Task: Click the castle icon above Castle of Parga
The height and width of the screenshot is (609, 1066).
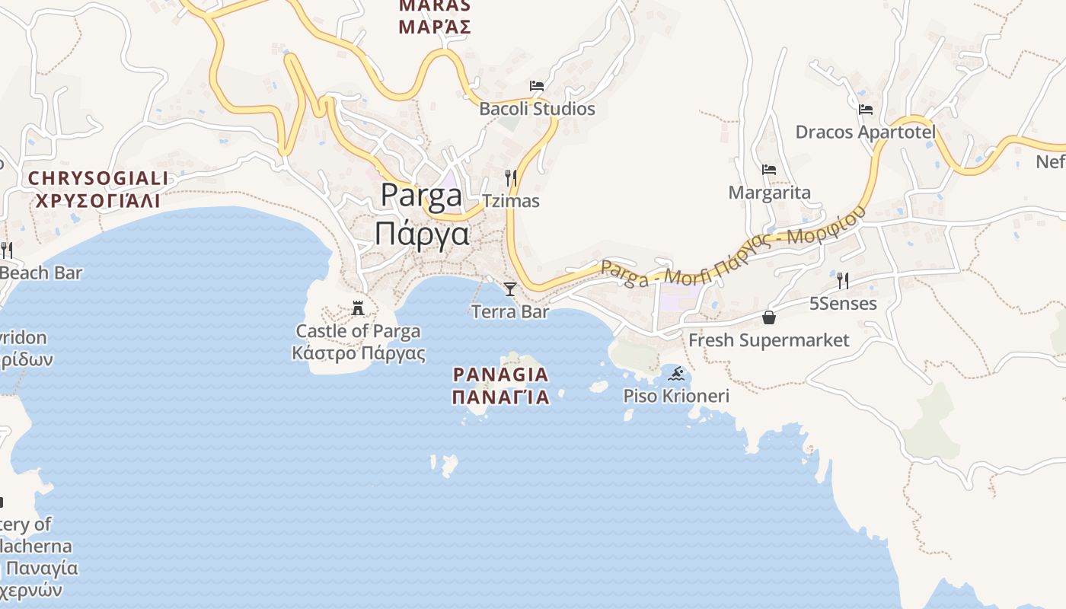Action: pos(358,308)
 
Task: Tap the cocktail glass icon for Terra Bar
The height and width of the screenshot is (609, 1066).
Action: pos(510,289)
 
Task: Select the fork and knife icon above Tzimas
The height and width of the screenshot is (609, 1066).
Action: pos(511,178)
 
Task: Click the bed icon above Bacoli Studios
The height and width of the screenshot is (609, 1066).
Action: pos(537,86)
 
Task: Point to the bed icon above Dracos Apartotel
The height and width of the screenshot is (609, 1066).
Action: pos(866,110)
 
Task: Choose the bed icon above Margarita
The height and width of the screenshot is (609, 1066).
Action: pos(769,170)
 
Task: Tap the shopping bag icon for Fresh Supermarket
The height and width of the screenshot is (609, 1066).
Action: pos(769,317)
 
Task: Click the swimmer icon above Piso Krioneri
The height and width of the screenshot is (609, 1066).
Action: pos(676,374)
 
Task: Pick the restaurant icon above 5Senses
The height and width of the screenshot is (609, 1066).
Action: pos(843,281)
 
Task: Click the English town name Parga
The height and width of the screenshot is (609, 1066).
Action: pos(421,196)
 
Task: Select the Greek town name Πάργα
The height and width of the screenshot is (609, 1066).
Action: pos(422,233)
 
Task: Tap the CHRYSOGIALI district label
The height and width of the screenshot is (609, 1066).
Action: pos(98,178)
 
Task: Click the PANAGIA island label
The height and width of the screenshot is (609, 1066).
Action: pos(500,375)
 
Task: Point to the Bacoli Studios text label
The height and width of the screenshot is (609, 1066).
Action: pos(537,109)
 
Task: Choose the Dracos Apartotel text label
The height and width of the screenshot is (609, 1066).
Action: pos(866,132)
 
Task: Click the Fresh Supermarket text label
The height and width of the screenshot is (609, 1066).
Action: pos(768,340)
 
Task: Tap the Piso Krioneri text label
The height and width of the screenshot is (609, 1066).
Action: pos(676,396)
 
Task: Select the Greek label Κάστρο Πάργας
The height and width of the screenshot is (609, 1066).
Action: pos(359,354)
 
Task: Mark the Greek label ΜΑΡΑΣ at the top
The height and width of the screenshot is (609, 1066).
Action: pos(435,27)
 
